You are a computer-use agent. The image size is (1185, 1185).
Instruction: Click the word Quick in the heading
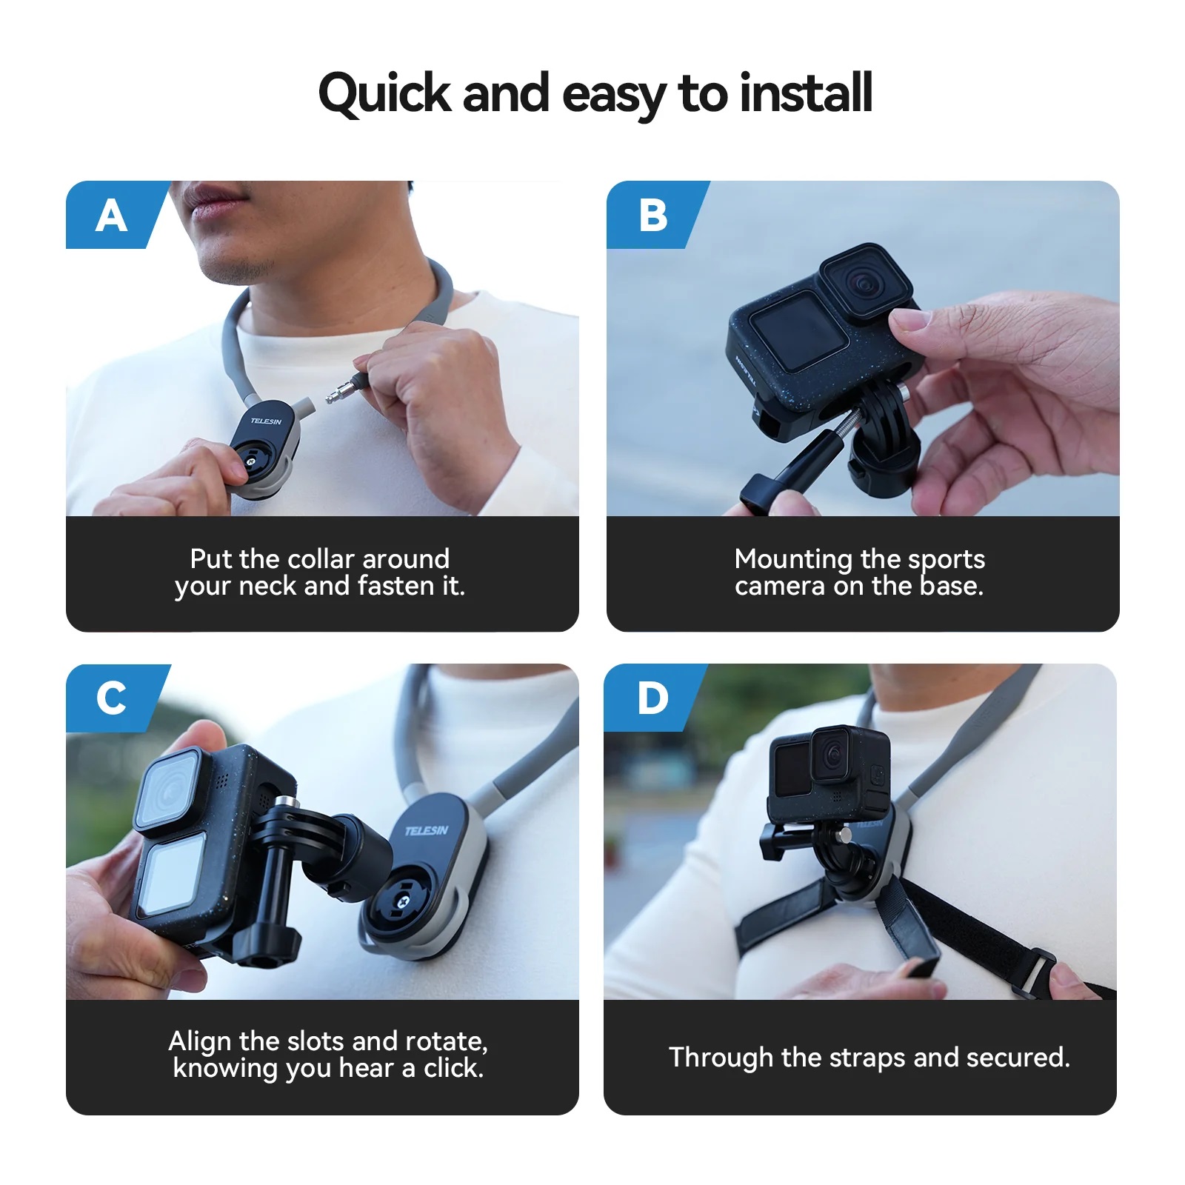coord(384,95)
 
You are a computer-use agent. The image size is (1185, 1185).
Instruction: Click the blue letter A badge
coord(111,216)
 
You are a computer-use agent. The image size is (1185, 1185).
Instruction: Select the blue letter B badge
coord(652,216)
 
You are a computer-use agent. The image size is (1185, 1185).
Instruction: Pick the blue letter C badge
coord(111,698)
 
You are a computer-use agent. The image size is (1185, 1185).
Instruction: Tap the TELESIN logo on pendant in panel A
coord(266,421)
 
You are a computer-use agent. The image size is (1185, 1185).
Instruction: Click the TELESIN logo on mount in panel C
coord(427,830)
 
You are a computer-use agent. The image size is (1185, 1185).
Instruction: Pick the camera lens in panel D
coord(833,755)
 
